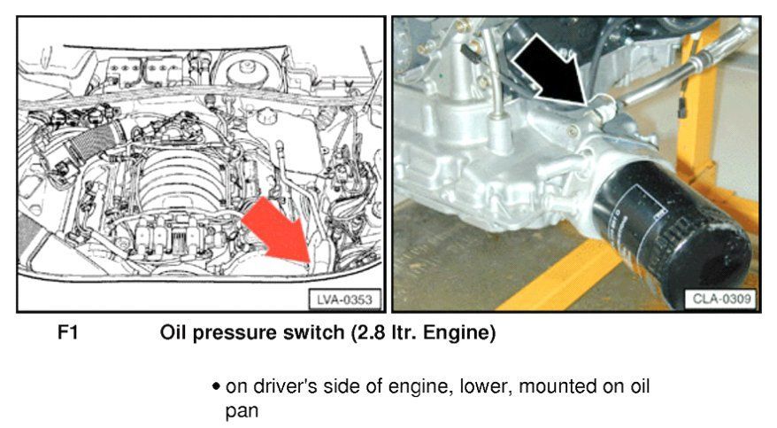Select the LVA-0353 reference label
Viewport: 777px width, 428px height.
[345, 300]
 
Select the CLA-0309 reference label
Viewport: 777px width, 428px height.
[721, 299]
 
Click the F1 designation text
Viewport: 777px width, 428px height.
[68, 332]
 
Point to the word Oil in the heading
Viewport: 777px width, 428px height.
[173, 332]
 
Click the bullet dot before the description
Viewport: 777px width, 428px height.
[216, 386]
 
